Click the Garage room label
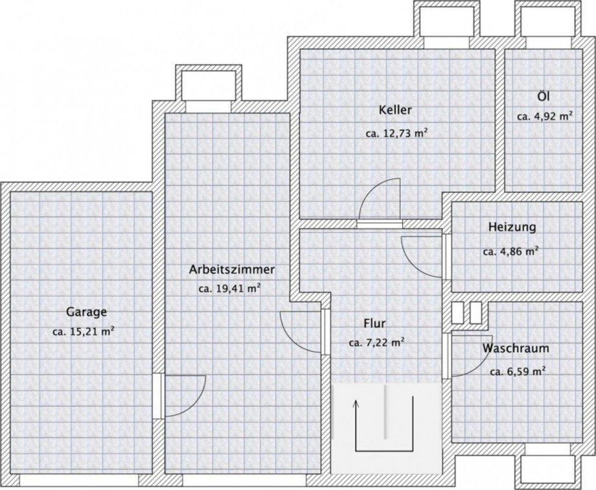click(x=86, y=312)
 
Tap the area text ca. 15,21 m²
click(x=84, y=332)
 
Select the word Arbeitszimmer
click(x=232, y=270)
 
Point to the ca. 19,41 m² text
click(x=229, y=289)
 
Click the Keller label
click(x=395, y=110)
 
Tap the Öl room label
click(x=544, y=96)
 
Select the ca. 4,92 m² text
click(x=545, y=116)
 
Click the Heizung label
click(x=512, y=227)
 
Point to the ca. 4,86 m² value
click(x=511, y=251)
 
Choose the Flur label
click(x=375, y=324)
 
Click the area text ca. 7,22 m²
click(x=376, y=343)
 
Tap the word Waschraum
click(x=516, y=348)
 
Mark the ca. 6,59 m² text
click(x=518, y=371)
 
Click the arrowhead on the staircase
click(x=356, y=403)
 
